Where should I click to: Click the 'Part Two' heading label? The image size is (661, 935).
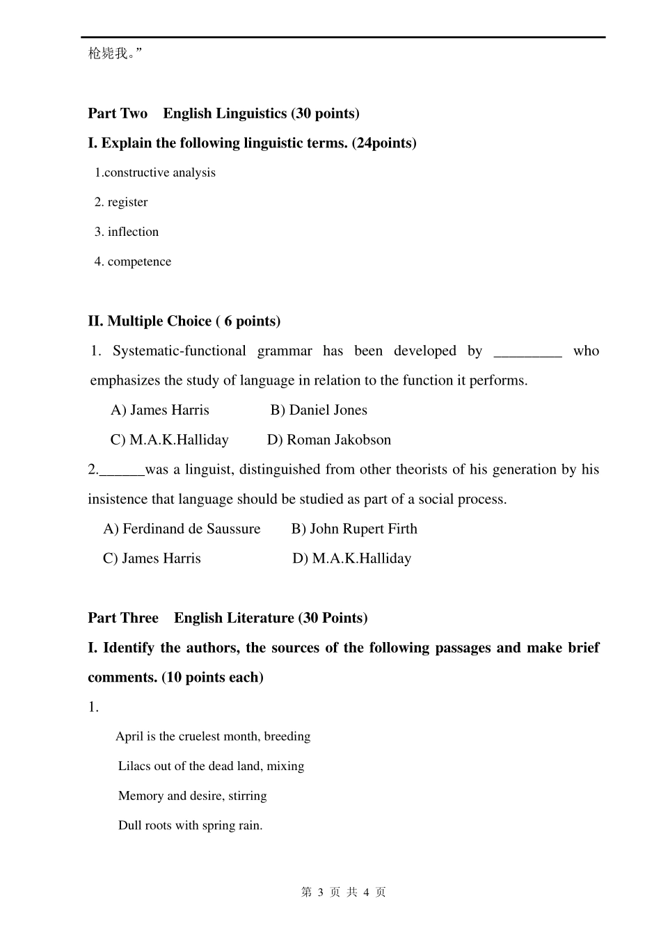[x=118, y=113]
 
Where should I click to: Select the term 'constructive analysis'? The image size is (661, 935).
[x=159, y=173]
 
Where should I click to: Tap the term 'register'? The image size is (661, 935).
[x=127, y=202]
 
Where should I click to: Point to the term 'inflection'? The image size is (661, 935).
[x=133, y=232]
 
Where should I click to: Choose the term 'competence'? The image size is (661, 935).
[x=139, y=262]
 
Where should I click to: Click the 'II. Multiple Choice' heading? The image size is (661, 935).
[x=184, y=321]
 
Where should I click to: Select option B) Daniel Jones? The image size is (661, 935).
[x=319, y=410]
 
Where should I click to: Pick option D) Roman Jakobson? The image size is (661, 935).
[x=329, y=440]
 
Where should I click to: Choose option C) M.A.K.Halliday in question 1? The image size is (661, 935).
[x=169, y=440]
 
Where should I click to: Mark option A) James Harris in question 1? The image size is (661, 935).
[x=159, y=410]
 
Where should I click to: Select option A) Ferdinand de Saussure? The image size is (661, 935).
[x=182, y=529]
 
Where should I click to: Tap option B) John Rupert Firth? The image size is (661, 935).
[x=354, y=529]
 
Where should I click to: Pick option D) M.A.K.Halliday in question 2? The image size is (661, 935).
[x=352, y=559]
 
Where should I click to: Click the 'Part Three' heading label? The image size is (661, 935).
[x=123, y=618]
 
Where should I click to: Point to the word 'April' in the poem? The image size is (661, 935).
[x=129, y=737]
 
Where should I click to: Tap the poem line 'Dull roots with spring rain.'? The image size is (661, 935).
[x=190, y=826]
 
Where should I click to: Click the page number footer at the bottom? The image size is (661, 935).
[x=344, y=893]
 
